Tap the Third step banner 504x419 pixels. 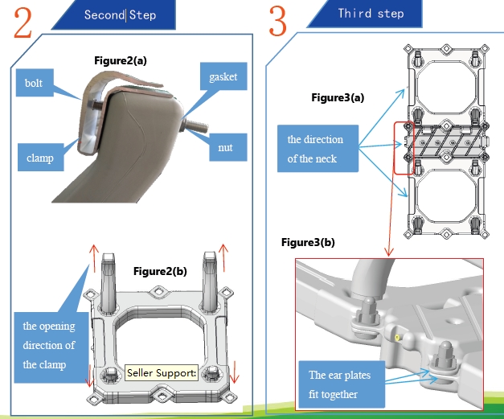tap(371, 14)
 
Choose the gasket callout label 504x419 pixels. tap(223, 77)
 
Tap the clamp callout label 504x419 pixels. tap(39, 157)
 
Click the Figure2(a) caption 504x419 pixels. tap(121, 60)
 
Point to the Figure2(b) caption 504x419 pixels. tap(160, 271)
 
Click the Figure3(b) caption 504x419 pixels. tap(308, 242)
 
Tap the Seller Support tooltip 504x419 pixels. tap(161, 373)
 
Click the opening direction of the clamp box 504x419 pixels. tap(49, 344)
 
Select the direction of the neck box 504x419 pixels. tap(315, 149)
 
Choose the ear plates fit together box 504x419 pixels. tap(339, 384)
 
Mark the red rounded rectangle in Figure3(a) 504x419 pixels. tap(404, 148)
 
